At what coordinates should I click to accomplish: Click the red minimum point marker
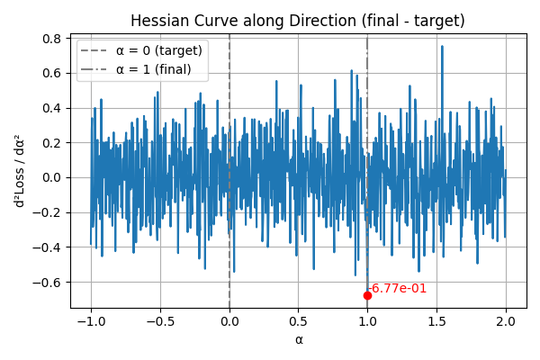click(x=367, y=295)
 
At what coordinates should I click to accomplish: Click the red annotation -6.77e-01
click(x=398, y=289)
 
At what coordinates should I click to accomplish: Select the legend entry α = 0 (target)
click(x=159, y=50)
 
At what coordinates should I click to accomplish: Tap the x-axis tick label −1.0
click(x=90, y=321)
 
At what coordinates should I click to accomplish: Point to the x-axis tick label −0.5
click(x=159, y=321)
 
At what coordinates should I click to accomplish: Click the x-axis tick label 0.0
click(x=229, y=321)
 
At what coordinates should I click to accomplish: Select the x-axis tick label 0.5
click(x=299, y=321)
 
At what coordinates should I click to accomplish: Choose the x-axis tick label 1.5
click(x=436, y=321)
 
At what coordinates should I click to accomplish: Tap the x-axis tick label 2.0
click(x=506, y=321)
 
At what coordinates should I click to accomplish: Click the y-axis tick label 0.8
click(x=53, y=39)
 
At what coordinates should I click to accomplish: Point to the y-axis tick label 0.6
click(x=53, y=74)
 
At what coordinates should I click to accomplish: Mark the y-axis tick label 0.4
click(x=53, y=108)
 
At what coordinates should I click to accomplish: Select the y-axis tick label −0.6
click(x=49, y=282)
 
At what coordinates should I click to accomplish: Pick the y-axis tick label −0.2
click(x=49, y=212)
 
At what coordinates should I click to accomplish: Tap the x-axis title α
click(x=299, y=339)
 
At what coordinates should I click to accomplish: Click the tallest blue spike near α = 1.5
click(x=442, y=47)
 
